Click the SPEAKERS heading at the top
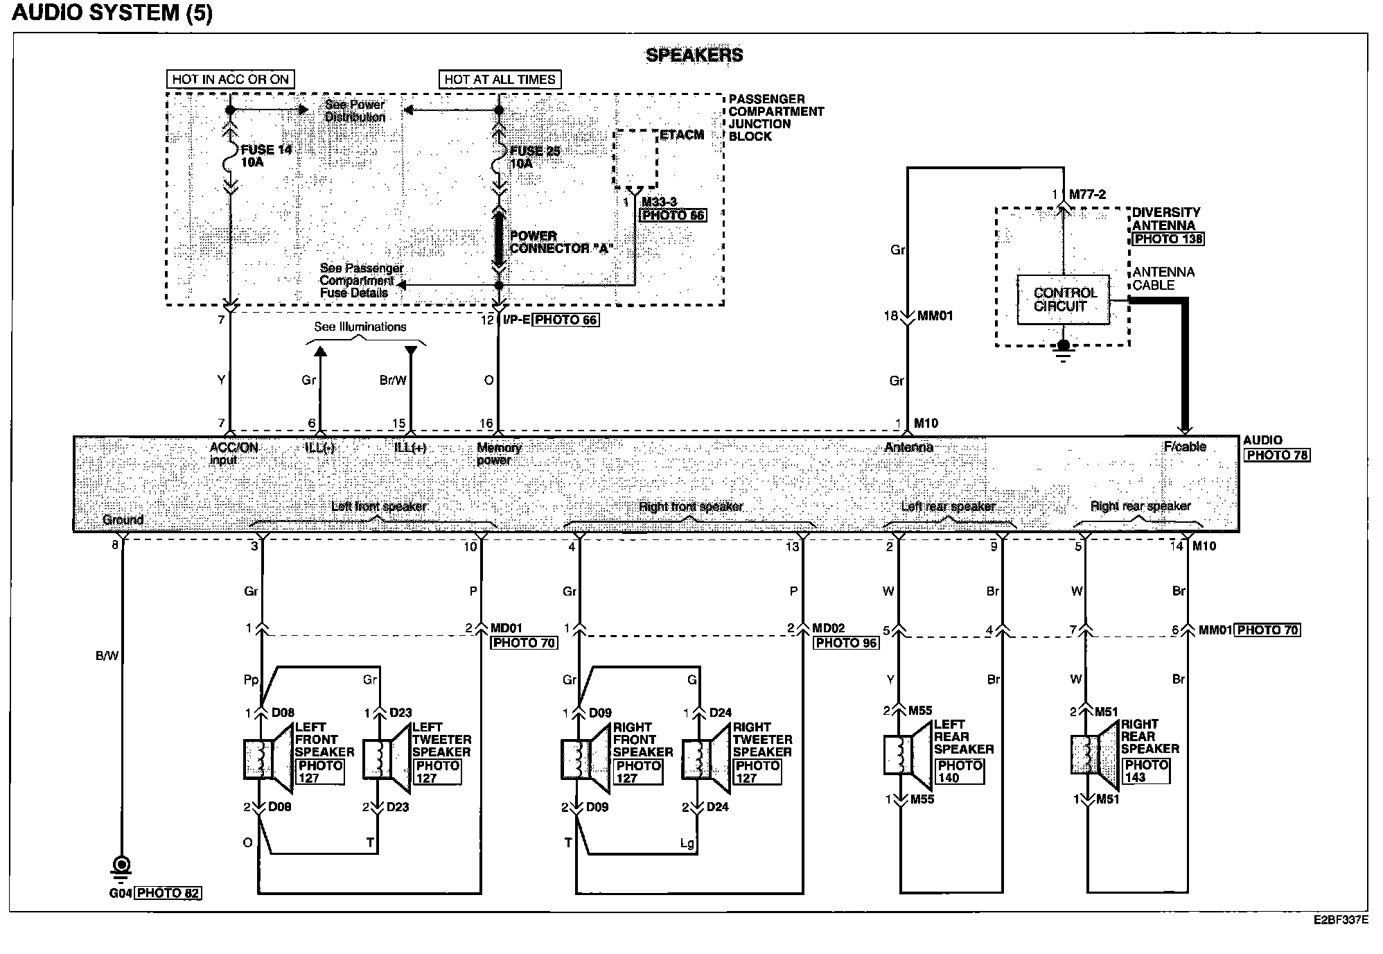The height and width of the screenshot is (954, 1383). pyautogui.click(x=694, y=55)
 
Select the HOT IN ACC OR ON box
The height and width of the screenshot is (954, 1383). pyautogui.click(x=230, y=80)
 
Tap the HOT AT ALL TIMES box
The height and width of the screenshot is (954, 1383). pyautogui.click(x=500, y=80)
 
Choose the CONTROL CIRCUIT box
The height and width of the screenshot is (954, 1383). pyautogui.click(x=1063, y=300)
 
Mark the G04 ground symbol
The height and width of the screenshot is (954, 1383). pyautogui.click(x=122, y=865)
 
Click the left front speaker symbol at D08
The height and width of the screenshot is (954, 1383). pyautogui.click(x=267, y=758)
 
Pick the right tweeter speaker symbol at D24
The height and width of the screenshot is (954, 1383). pyautogui.click(x=705, y=758)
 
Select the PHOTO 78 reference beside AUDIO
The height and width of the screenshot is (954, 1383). pyautogui.click(x=1276, y=456)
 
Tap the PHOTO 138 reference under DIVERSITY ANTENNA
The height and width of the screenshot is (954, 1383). pyautogui.click(x=1168, y=239)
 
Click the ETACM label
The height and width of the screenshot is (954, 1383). pyautogui.click(x=681, y=135)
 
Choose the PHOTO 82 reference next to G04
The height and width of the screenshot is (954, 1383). pyautogui.click(x=168, y=893)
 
